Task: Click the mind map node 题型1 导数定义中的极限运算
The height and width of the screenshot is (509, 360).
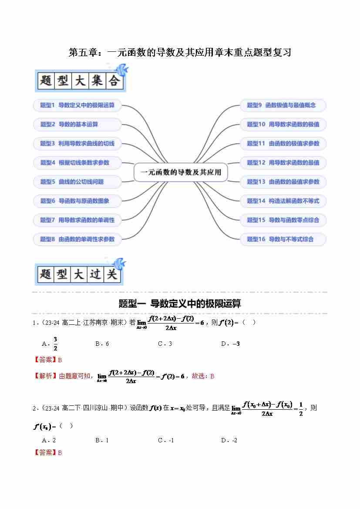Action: [x=77, y=105]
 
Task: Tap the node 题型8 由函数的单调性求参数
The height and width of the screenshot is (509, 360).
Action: [x=77, y=239]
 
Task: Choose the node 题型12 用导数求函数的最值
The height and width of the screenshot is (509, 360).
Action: [x=283, y=162]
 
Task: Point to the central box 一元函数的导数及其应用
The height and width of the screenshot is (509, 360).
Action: [x=180, y=172]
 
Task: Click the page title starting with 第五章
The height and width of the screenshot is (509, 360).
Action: [x=180, y=53]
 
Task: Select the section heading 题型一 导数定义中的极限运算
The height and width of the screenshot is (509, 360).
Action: [x=180, y=303]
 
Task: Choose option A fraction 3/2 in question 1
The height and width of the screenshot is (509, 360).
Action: [x=55, y=344]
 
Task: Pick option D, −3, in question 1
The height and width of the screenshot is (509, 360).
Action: [x=236, y=344]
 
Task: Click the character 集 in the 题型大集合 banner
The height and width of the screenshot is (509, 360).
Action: [x=97, y=81]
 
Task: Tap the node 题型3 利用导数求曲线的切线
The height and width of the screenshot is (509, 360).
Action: [x=77, y=143]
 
